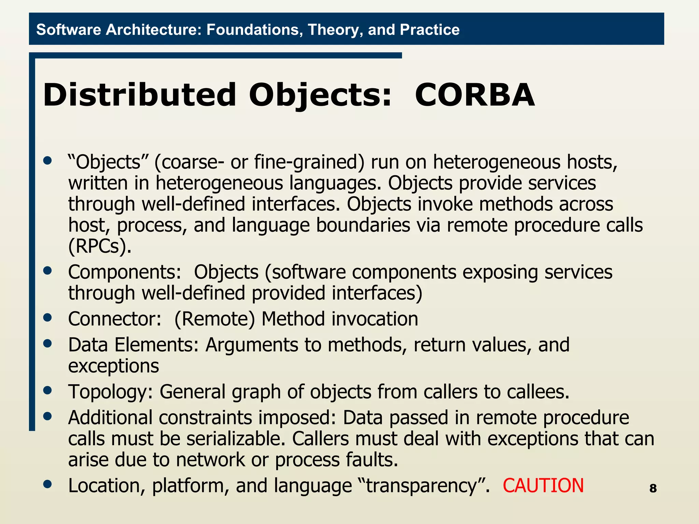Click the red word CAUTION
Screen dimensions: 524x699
pos(543,485)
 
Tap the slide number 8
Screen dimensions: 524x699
pos(653,489)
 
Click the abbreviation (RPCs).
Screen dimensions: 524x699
pos(100,246)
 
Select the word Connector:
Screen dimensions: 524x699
pos(115,319)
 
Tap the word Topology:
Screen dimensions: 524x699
pos(111,392)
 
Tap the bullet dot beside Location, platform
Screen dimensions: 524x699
pos(48,484)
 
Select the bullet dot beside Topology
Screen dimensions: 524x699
pos(48,390)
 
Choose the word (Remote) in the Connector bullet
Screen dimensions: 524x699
pos(215,319)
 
